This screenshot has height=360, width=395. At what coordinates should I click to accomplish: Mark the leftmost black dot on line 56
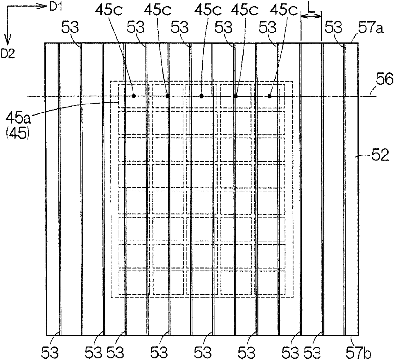[x=134, y=96]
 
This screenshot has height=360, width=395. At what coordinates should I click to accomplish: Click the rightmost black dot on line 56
[x=269, y=96]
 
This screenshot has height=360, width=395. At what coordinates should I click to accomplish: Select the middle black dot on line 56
[x=201, y=96]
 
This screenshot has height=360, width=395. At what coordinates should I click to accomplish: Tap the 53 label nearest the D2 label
[x=70, y=28]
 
